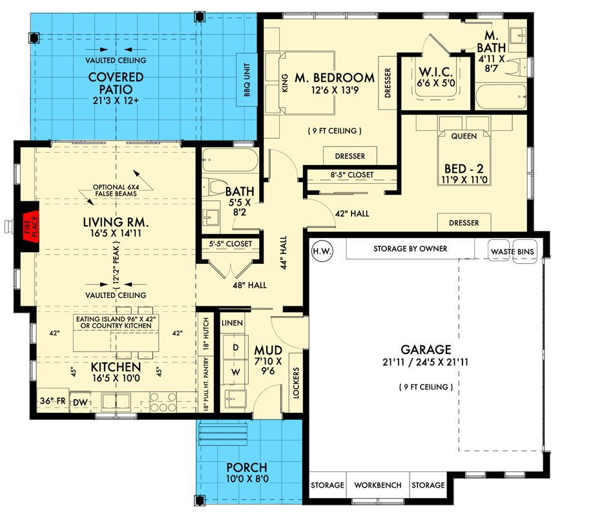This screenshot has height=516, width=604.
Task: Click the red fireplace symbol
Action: (30, 226)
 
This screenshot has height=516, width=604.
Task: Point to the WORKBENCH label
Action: (378, 485)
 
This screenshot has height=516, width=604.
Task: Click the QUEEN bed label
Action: (463, 136)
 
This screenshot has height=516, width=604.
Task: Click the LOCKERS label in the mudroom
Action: (297, 383)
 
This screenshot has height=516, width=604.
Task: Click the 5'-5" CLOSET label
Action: (231, 244)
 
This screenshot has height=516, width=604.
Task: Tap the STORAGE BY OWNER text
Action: (410, 249)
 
